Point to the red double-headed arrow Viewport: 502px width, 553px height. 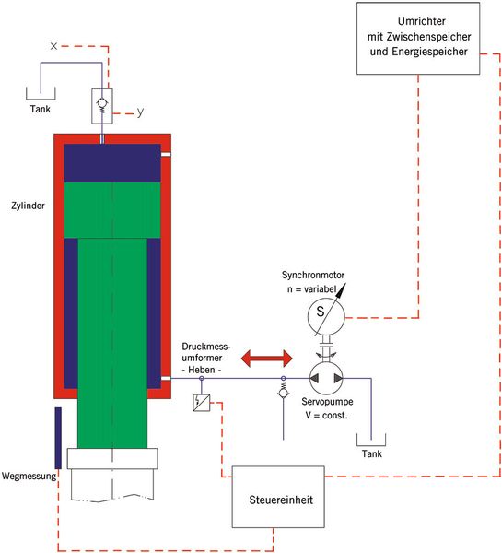click(267, 359)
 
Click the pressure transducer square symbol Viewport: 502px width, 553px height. click(202, 403)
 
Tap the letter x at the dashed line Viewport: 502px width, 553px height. click(53, 46)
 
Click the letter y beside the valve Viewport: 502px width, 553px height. click(140, 112)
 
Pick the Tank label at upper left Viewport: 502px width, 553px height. click(41, 109)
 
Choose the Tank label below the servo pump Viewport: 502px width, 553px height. click(371, 453)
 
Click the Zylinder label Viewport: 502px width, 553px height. click(28, 206)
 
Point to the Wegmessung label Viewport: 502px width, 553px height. click(29, 477)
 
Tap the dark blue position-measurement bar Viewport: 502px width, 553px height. click(58, 438)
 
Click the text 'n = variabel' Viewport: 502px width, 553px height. click(311, 289)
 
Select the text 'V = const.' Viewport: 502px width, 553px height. click(326, 416)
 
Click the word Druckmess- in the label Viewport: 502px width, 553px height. click(206, 347)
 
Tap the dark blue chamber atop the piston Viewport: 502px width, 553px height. click(112, 163)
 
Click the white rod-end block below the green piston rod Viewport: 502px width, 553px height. click(112, 458)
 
